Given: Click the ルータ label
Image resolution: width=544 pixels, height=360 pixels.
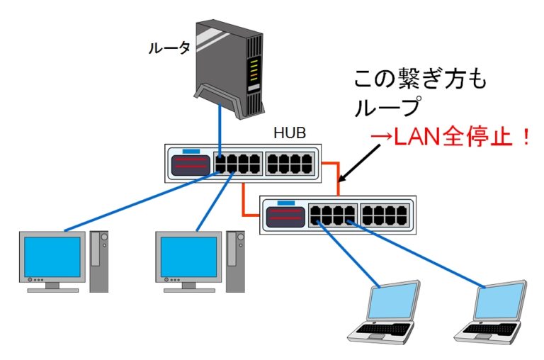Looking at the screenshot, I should click(169, 48).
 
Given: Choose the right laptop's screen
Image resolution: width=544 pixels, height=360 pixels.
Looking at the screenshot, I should click(499, 300).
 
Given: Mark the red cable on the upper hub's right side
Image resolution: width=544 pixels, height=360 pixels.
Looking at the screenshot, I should click(333, 170).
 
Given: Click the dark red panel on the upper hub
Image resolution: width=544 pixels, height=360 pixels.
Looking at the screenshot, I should click(190, 164).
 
